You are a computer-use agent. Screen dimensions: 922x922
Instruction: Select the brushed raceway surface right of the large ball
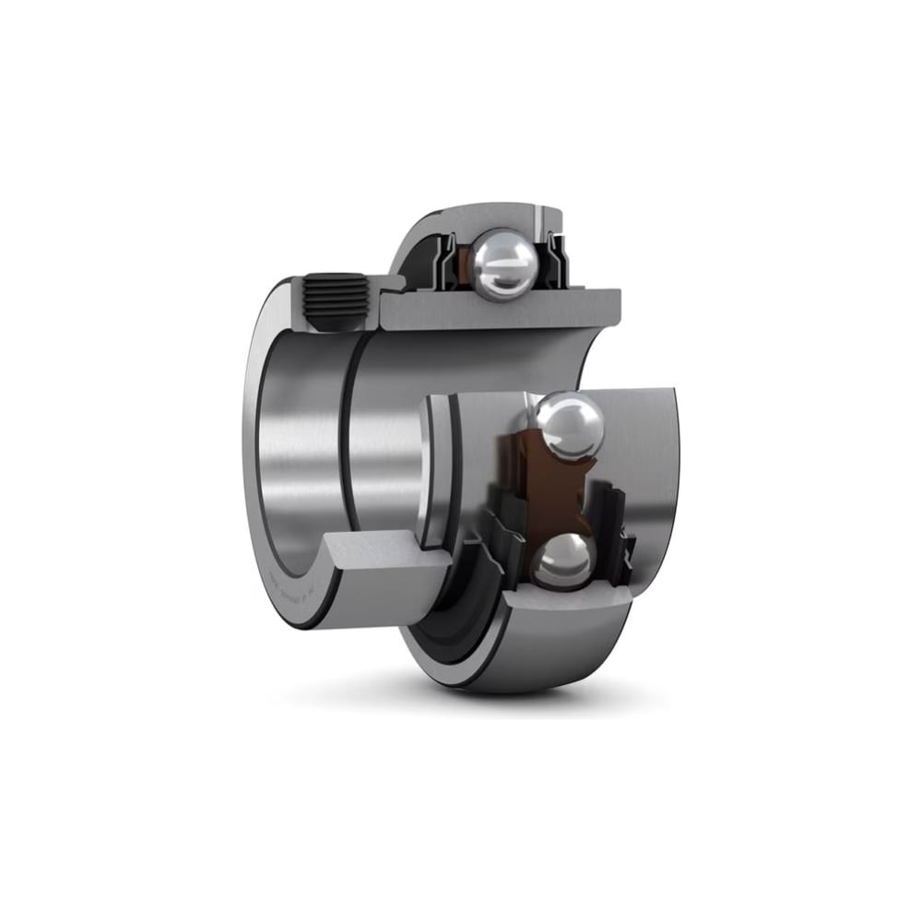(636, 443)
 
